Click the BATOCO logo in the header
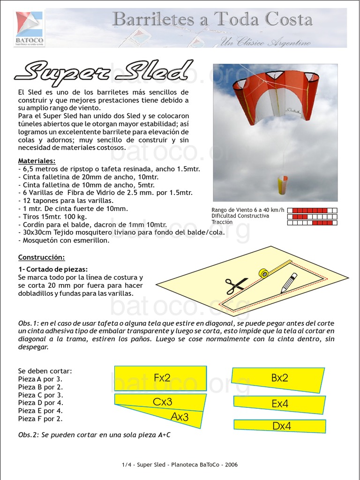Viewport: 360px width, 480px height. [x=29, y=28]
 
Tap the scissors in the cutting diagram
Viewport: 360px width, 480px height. [x=236, y=284]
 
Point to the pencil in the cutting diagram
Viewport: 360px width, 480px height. [x=289, y=283]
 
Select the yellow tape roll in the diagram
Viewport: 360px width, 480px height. [x=264, y=273]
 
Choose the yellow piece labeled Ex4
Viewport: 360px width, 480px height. [x=279, y=403]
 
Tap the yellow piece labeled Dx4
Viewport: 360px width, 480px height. [x=281, y=426]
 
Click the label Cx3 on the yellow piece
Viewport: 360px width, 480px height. [x=163, y=402]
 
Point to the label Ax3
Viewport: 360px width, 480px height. [x=180, y=416]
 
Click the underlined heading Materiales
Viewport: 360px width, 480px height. [x=37, y=161]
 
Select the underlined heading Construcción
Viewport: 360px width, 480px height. [x=41, y=257]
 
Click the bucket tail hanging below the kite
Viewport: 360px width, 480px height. [x=283, y=185]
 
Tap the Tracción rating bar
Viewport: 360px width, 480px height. [x=312, y=223]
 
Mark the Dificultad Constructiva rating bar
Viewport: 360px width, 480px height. [x=312, y=217]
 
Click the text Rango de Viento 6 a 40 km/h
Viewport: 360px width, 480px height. [x=247, y=210]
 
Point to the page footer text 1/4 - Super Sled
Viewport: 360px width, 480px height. [x=180, y=465]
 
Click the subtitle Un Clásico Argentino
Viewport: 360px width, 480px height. [x=265, y=43]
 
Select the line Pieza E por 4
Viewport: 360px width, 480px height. [x=40, y=411]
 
